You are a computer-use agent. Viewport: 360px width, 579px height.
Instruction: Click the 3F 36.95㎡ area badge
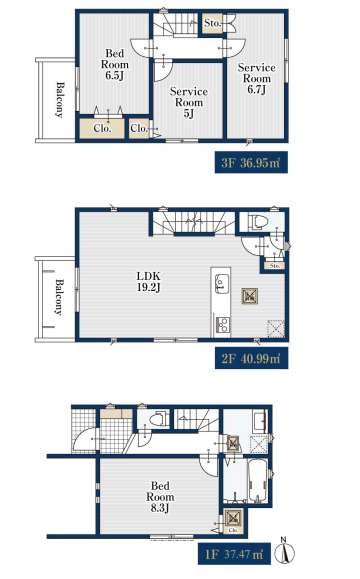pos(251,162)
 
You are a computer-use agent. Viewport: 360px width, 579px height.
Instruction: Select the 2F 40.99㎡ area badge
pos(251,358)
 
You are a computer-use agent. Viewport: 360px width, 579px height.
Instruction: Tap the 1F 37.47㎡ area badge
pos(234,554)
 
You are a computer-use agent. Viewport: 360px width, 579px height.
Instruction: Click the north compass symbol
pos(286,551)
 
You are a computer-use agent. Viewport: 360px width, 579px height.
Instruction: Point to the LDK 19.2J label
pos(149,281)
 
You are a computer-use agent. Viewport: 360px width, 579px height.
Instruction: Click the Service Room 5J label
pos(189,102)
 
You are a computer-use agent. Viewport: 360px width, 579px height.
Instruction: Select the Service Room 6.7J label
pos(257,78)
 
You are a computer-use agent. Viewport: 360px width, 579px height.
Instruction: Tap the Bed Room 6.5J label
pos(115,64)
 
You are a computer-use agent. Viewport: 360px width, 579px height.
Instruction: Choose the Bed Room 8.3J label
pos(160,497)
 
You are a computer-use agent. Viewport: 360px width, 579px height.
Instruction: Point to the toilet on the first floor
pos(158,419)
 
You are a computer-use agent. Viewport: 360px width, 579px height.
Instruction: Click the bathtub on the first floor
pos(257,480)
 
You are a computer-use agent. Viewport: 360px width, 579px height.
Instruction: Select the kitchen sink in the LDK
pos(221,284)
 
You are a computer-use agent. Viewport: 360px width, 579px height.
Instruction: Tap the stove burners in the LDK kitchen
pos(222,325)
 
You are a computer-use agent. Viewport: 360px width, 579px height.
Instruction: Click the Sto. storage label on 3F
pos(212,23)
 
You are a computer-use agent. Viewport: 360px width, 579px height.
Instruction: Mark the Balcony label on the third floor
pos(59,100)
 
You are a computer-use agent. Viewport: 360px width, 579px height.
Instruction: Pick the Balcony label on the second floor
pos(59,297)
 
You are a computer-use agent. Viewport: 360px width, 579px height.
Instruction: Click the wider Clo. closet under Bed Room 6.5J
pos(102,129)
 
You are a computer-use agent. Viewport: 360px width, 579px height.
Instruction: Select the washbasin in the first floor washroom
pos(260,421)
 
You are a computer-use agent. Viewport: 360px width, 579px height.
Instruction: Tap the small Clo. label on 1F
pos(233,530)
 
